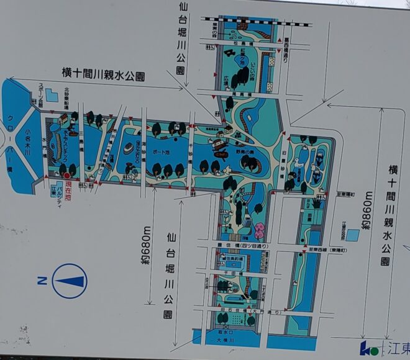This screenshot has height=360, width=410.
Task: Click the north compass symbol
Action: pyautogui.click(x=70, y=281)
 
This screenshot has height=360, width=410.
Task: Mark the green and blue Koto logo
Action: pyautogui.click(x=368, y=348)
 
